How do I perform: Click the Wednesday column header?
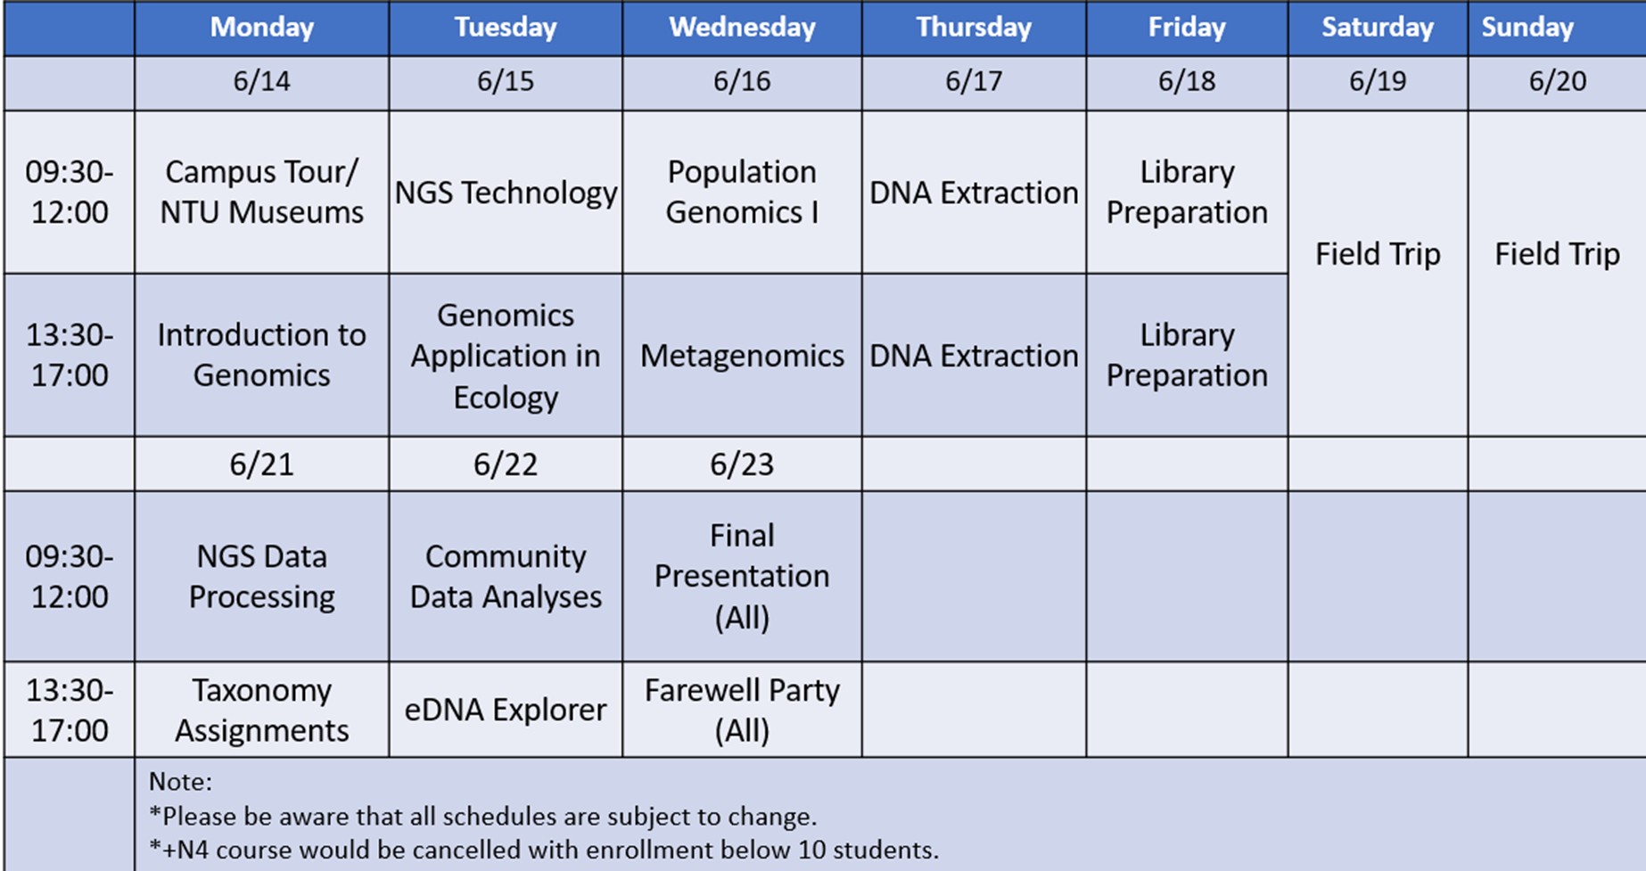742,28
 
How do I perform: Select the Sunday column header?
1527,28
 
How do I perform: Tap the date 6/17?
974,82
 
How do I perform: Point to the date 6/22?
506,464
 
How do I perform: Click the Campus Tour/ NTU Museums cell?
261,192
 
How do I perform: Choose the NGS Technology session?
506,193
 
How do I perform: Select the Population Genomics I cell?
742,192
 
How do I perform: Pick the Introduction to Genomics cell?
261,355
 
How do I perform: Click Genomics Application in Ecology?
506,356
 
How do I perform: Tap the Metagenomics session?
742,356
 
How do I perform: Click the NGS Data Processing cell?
261,576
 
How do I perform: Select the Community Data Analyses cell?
506,576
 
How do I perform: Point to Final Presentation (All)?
742,576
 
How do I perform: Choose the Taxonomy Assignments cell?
261,710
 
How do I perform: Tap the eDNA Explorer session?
506,710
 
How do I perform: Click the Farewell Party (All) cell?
742,710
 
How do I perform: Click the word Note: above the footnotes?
180,782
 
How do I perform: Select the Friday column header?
1187,28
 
